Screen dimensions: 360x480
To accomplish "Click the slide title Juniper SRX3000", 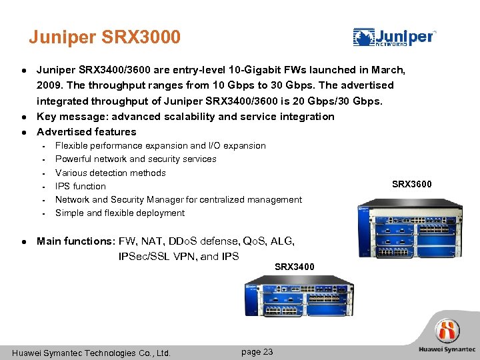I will (x=105, y=37).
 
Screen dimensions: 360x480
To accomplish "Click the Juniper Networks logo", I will (x=395, y=37).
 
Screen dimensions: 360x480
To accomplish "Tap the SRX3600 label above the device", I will (x=412, y=184).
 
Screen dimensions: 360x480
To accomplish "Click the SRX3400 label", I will (x=295, y=267).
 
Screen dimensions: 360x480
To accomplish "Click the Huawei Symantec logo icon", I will (x=447, y=331).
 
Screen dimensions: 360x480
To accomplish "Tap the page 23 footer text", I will (x=257, y=351).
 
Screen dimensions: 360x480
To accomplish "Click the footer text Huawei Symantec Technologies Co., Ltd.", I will (x=91, y=353).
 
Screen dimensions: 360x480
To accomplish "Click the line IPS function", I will (x=80, y=186).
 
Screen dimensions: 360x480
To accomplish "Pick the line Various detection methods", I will (x=110, y=173).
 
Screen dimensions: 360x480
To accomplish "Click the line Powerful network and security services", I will (x=135, y=159).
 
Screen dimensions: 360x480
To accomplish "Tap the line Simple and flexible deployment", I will (x=119, y=213).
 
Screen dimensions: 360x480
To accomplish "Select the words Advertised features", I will (x=86, y=131).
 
